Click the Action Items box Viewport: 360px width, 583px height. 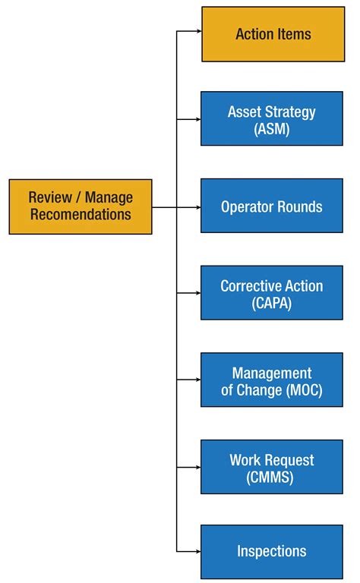pyautogui.click(x=273, y=34)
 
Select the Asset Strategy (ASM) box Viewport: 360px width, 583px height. pyautogui.click(x=272, y=119)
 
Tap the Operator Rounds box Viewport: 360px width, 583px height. pyautogui.click(x=272, y=206)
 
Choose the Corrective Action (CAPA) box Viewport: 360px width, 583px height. pyautogui.click(x=272, y=293)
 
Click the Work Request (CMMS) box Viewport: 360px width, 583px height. pyautogui.click(x=272, y=467)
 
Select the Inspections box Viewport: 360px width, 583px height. pyautogui.click(x=272, y=552)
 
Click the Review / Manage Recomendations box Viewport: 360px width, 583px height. pyautogui.click(x=81, y=206)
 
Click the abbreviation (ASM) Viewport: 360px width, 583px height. pyautogui.click(x=272, y=128)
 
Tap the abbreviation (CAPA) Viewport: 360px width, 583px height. pyautogui.click(x=272, y=302)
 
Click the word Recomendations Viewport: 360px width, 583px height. pyautogui.click(x=81, y=215)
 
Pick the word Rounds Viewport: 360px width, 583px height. pyautogui.click(x=298, y=206)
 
